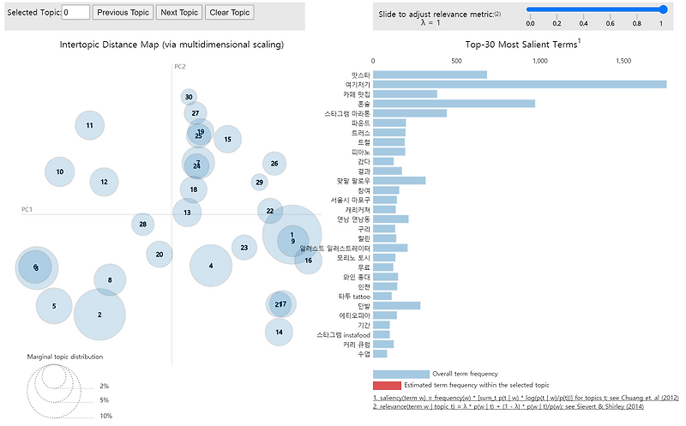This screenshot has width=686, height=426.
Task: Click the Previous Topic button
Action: [x=123, y=12]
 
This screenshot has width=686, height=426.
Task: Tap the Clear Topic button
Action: [x=229, y=12]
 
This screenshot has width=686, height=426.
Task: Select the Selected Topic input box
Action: [x=76, y=12]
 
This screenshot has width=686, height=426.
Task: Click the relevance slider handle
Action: [x=663, y=9]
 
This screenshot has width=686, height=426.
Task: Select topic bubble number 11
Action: [x=89, y=126]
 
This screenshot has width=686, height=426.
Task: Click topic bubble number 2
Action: [x=99, y=315]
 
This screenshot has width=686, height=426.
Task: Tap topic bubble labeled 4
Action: [x=210, y=266]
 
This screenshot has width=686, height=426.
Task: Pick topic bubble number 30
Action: [x=189, y=97]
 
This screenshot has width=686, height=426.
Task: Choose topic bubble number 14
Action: [x=279, y=331]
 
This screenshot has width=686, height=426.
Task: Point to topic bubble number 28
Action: [x=143, y=225]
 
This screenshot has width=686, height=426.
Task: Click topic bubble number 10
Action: [x=59, y=171]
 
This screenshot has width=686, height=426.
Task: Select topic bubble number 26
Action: [x=274, y=163]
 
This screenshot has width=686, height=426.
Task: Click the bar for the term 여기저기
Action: [x=520, y=84]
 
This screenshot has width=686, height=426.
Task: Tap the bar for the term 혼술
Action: [x=454, y=103]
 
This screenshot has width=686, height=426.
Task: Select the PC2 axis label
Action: [x=180, y=66]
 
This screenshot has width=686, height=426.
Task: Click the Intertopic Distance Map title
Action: [x=171, y=44]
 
